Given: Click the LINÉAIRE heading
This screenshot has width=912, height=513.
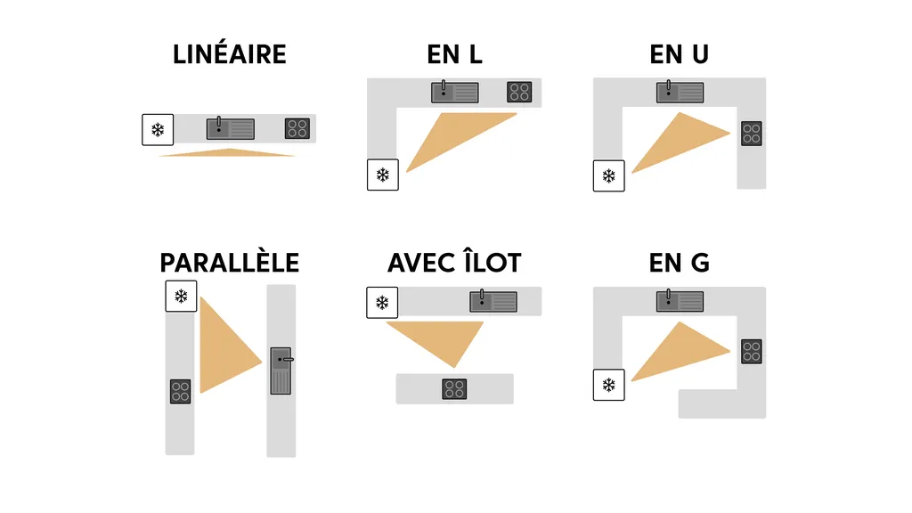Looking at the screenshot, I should pos(230,54).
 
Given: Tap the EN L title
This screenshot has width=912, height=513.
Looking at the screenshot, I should pos(454,54).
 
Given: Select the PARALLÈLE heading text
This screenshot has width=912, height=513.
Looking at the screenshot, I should pos(230,263).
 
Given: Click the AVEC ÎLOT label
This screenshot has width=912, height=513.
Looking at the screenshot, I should pos(454,263).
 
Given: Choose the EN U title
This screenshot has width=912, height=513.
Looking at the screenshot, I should pos(679,54).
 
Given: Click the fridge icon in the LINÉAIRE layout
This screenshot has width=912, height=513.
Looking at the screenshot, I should pos(158,130).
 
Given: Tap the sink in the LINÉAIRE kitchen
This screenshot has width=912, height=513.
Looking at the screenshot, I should pos(231,128).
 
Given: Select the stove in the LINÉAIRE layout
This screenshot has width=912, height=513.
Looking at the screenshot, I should pos(297,128).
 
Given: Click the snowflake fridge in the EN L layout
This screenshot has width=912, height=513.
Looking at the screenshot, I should pos(383,175).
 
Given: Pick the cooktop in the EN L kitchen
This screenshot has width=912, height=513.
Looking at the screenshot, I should pos(519,92).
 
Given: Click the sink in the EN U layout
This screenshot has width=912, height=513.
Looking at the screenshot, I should pos(680,92).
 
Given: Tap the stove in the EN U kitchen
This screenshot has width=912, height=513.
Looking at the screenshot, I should pos(752,134).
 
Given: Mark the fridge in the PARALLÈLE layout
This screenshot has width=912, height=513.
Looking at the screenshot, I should pos(182,296).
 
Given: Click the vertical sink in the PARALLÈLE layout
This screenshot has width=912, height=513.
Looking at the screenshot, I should pos(281,370).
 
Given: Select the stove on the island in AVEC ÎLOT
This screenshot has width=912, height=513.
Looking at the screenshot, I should pos(454,388).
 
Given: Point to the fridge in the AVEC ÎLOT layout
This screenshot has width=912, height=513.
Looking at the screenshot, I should pos(382,303).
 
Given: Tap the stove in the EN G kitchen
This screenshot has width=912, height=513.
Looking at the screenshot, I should pos(752,351).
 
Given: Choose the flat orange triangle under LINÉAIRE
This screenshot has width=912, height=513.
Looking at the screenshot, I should pos(227,153).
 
